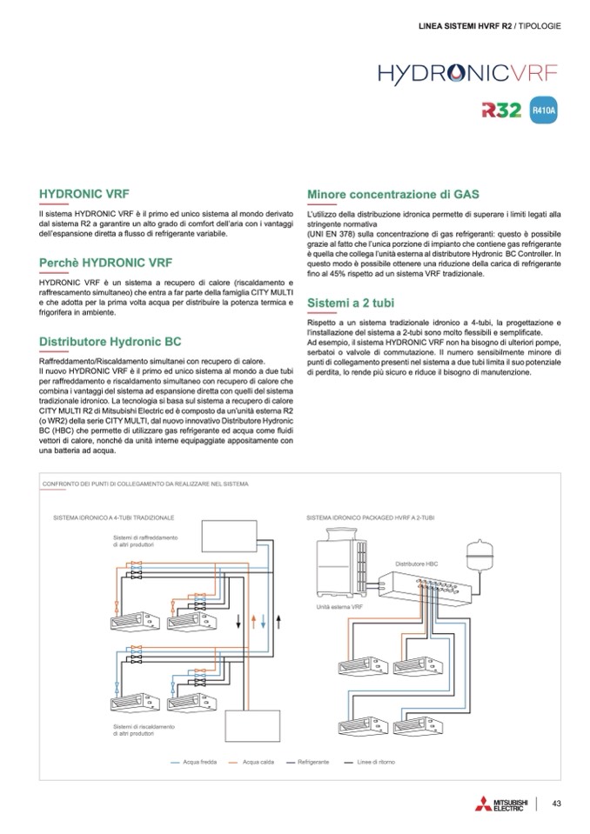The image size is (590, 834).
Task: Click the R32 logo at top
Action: [x=500, y=110]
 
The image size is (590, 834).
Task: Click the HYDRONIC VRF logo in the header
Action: [x=467, y=71]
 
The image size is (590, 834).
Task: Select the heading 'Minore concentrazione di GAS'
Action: [x=393, y=195]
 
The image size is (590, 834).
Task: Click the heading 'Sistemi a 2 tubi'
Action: [x=356, y=303]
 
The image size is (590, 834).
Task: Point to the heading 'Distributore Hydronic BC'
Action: [x=110, y=341]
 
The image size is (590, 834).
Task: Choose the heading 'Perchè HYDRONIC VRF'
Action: [x=106, y=263]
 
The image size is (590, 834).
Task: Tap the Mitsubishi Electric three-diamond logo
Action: [x=483, y=805]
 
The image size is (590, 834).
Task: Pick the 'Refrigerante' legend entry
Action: [x=312, y=762]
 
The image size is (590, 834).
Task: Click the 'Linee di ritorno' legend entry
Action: [x=376, y=762]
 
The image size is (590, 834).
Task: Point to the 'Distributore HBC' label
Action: [x=417, y=564]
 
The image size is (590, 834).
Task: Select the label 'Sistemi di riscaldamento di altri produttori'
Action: [x=144, y=730]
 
